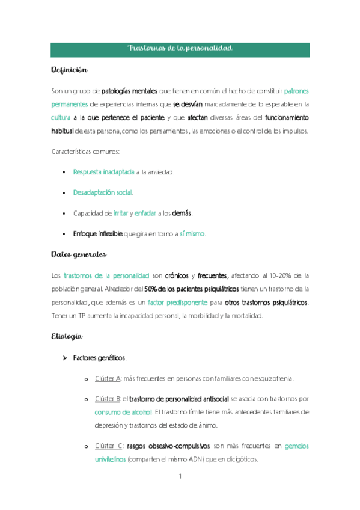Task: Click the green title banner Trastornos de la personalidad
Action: (x=180, y=48)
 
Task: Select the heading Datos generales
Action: (x=78, y=254)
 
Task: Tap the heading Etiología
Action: (x=67, y=337)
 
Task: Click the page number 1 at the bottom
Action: (x=180, y=477)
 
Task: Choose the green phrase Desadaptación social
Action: (x=103, y=192)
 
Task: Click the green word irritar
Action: (x=120, y=213)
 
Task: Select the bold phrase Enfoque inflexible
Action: (x=97, y=233)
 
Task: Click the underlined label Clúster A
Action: (x=108, y=378)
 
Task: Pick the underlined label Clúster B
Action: (x=108, y=398)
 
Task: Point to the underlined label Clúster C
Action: (x=109, y=446)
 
